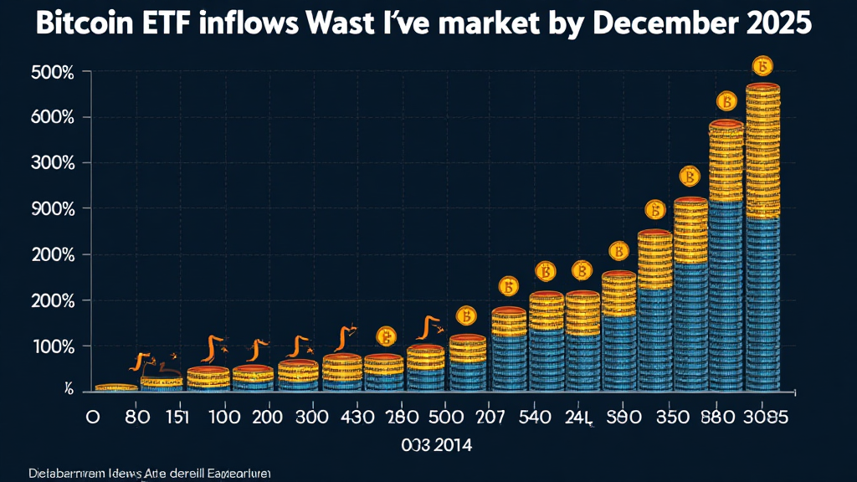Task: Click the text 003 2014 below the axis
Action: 436,445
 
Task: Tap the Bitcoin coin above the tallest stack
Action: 762,66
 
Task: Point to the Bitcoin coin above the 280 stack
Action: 386,336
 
